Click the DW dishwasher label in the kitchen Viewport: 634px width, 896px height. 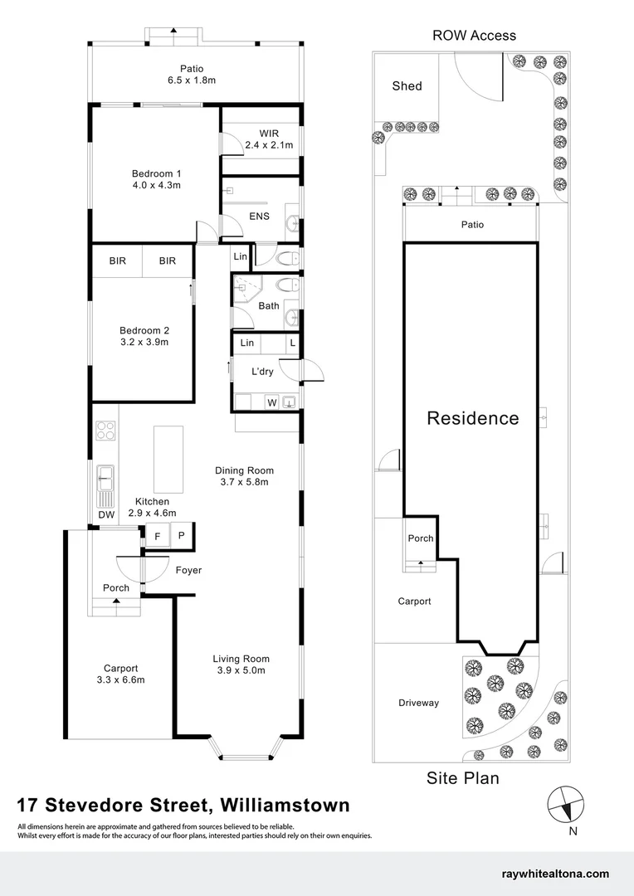pyautogui.click(x=107, y=514)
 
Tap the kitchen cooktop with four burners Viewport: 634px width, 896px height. pyautogui.click(x=105, y=431)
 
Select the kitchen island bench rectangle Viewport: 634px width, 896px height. pyautogui.click(x=168, y=460)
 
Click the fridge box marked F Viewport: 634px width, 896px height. pyautogui.click(x=157, y=536)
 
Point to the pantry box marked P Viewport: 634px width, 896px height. pyautogui.click(x=181, y=535)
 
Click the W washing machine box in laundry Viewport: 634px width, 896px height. pyautogui.click(x=272, y=403)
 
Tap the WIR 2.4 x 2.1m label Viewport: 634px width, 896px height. pyautogui.click(x=269, y=139)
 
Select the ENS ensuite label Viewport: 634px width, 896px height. pyautogui.click(x=259, y=216)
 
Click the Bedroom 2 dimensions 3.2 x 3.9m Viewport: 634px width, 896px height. pyautogui.click(x=144, y=343)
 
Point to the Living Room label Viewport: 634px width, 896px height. pyautogui.click(x=241, y=659)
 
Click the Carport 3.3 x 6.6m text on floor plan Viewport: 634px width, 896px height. pyautogui.click(x=120, y=674)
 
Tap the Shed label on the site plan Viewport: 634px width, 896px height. pyautogui.click(x=407, y=85)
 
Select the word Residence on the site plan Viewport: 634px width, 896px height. pyautogui.click(x=473, y=417)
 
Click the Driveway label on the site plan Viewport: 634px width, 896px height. pyautogui.click(x=418, y=703)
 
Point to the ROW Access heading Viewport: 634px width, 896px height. pyautogui.click(x=474, y=36)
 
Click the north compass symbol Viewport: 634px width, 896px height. pyautogui.click(x=566, y=804)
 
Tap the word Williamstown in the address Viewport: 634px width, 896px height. pyautogui.click(x=285, y=805)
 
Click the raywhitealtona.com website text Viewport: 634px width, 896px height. pyautogui.click(x=555, y=874)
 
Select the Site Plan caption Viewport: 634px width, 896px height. pyautogui.click(x=462, y=778)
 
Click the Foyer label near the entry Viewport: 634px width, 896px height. pyautogui.click(x=188, y=570)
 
